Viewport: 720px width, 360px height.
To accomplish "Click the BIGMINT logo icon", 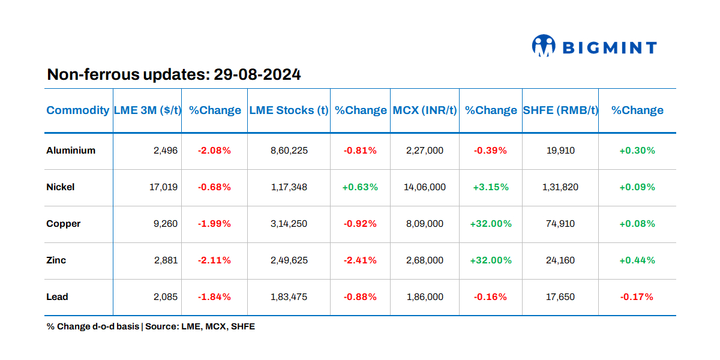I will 544,46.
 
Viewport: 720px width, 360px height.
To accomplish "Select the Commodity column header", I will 78,110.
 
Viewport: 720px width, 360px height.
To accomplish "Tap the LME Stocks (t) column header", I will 289,110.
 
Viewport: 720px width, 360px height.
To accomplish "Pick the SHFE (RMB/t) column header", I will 560,110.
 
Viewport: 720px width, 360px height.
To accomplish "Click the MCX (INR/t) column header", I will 425,110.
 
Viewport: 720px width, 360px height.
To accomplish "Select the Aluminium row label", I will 71,151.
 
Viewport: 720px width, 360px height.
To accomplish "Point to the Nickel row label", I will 61,187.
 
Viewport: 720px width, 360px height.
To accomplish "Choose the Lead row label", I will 58,297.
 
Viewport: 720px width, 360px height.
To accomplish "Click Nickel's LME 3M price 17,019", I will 163,187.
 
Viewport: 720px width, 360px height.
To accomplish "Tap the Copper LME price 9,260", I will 166,224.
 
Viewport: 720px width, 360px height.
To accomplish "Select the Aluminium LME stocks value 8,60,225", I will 289,151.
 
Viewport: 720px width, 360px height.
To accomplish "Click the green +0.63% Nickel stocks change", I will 360,187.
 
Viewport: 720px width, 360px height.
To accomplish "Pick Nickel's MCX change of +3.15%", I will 490,187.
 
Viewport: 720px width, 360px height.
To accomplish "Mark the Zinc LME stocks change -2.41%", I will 360,260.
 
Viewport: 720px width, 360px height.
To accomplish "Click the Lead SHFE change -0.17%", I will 637,297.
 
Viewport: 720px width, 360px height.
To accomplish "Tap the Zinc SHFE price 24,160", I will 560,260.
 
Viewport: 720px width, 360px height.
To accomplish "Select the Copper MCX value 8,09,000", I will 425,224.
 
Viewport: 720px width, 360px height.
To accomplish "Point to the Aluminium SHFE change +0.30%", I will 637,151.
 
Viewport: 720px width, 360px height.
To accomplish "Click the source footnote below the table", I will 151,327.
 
